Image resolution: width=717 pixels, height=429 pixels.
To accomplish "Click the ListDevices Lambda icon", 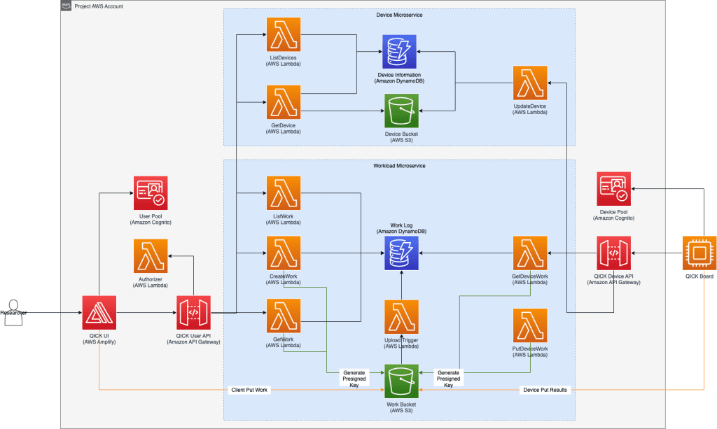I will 284,34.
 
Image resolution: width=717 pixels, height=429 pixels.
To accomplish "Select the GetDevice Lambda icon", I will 284,102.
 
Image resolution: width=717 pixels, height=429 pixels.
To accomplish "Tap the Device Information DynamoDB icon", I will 399,52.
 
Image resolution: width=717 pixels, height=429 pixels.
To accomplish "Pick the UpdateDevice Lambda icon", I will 530,83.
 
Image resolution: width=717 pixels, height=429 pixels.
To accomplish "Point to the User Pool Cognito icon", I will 151,192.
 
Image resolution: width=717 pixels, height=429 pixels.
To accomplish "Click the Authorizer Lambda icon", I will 151,256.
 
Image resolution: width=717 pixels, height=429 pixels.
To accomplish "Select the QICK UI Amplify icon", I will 99,312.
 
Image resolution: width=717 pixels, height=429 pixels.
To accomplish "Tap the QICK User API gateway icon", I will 193,312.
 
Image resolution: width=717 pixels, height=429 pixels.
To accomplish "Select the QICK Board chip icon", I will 699,253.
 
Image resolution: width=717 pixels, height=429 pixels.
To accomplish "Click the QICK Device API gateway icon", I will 614,253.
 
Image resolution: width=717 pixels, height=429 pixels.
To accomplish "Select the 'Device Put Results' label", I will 545,390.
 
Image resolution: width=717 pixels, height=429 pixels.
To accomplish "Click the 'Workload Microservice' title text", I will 399,166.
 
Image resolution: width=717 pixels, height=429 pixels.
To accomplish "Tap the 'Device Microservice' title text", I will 399,15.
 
